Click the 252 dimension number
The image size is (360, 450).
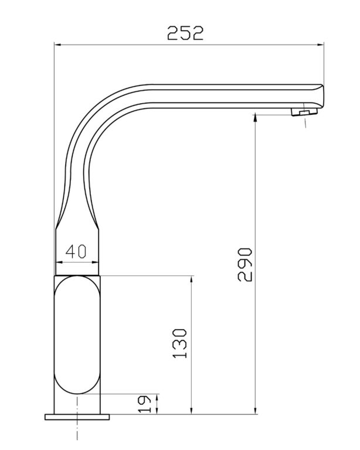tap(185, 33)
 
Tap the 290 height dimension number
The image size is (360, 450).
tap(245, 265)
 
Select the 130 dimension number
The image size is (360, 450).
tap(180, 343)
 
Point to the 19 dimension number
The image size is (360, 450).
tap(144, 404)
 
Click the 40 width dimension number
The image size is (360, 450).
tap(76, 252)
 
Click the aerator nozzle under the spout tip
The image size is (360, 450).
tap(304, 112)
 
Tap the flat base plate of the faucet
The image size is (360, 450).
tap(77, 417)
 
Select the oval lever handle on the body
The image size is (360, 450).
tap(77, 335)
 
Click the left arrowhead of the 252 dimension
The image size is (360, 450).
tap(57, 45)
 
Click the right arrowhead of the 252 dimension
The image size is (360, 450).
tap(320, 45)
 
